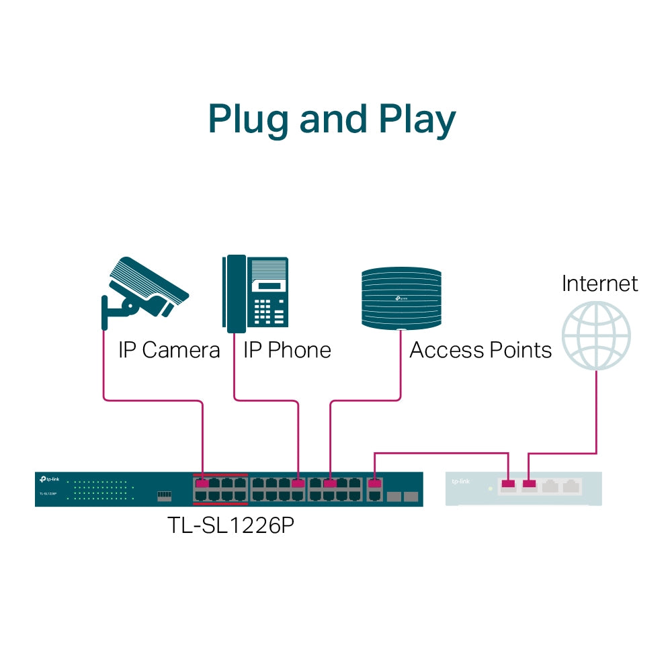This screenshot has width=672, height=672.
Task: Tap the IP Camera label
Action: pos(169,350)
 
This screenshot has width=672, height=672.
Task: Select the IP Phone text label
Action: pos(287,350)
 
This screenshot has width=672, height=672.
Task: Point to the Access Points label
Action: pos(480,350)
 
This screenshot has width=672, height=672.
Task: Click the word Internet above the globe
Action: pos(599,283)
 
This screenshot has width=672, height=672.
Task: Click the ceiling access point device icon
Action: pos(401,298)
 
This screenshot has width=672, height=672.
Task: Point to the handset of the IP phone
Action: pos(235,294)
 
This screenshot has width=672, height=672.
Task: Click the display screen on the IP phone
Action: pos(268,285)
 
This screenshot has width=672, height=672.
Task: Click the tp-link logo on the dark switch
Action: pos(51,479)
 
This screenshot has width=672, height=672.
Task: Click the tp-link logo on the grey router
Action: pos(460,481)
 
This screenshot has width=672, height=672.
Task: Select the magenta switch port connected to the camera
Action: pos(201,483)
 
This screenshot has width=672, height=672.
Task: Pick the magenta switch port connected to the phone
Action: pos(298,483)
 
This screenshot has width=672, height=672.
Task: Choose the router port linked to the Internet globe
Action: pos(530,483)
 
